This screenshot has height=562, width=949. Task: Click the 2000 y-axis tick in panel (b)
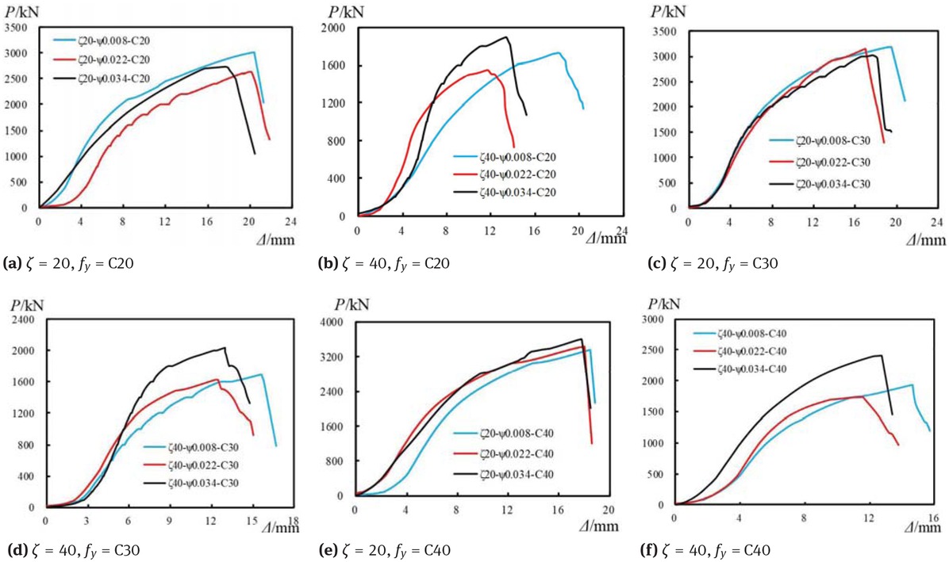point(336,28)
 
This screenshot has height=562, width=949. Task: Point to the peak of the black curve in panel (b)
point(505,36)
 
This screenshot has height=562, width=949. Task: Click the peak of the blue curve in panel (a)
point(253,52)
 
